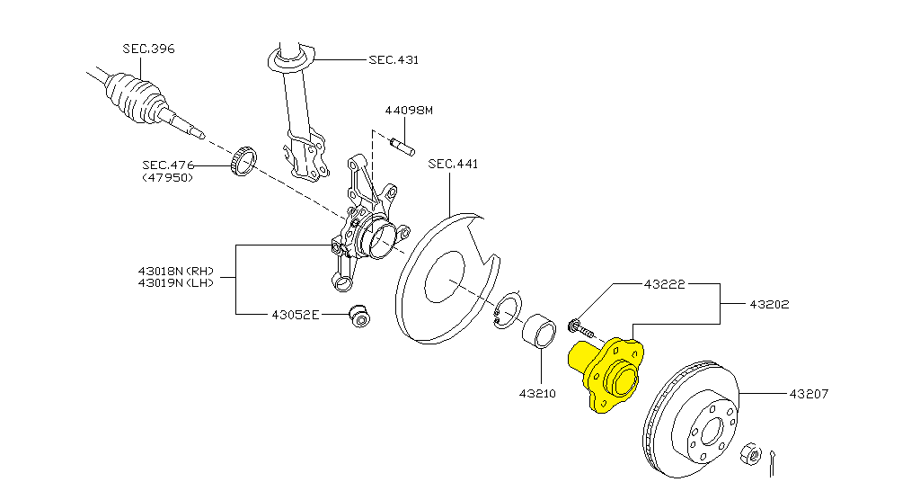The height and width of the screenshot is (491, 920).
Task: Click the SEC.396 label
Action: point(148,49)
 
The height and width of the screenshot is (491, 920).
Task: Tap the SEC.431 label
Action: point(394,60)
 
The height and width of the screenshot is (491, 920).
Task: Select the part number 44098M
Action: point(409,111)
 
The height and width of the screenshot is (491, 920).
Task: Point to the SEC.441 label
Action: point(453,164)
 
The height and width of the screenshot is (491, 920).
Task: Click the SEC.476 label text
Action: point(168,165)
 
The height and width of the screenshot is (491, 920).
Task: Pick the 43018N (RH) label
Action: point(176,272)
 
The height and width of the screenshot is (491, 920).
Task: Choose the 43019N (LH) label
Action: point(176,282)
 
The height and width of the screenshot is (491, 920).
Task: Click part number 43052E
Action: point(296,316)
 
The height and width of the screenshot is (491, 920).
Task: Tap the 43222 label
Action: point(664,284)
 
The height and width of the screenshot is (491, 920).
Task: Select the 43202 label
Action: point(769,304)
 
